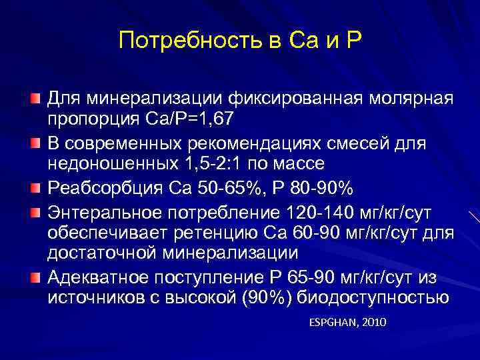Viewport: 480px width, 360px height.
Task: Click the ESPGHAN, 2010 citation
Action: (x=348, y=323)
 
